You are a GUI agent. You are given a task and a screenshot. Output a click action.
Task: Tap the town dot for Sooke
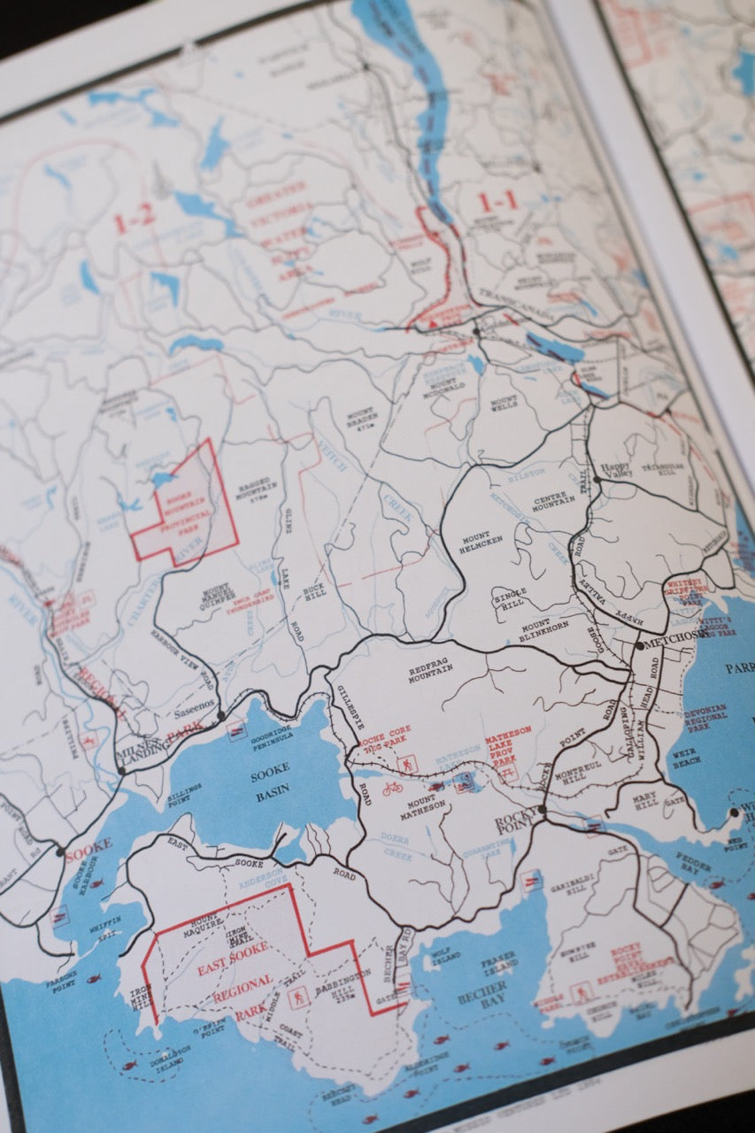pyautogui.click(x=60, y=852)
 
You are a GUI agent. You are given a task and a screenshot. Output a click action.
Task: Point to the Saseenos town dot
pyautogui.click(x=221, y=715)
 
